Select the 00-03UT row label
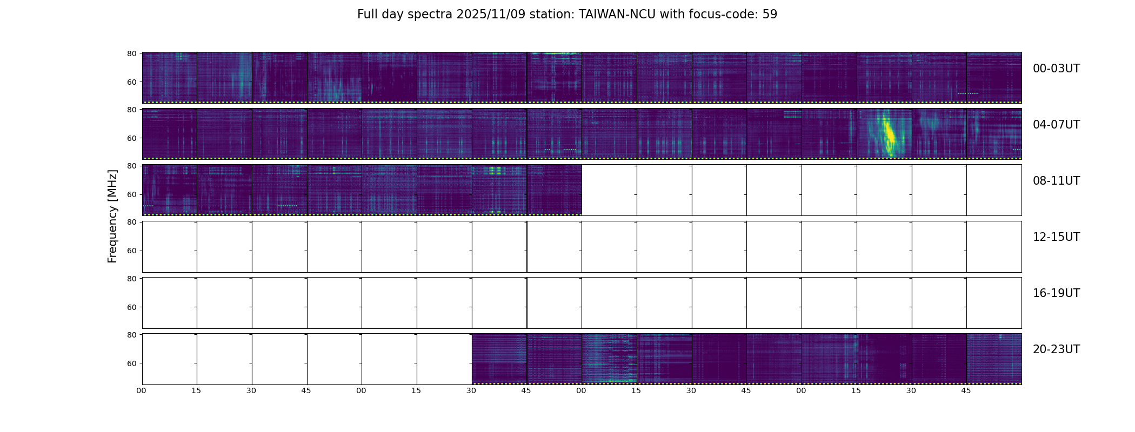1056,69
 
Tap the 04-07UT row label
1056,125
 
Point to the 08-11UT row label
1056,181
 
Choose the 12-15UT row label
1056,237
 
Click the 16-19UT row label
1056,293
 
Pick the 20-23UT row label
1056,349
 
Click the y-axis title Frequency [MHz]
112,216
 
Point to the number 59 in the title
770,15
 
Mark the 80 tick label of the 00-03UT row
131,53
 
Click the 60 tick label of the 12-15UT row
131,251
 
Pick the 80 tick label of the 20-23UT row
131,335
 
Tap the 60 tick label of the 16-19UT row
131,307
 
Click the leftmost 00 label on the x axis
142,390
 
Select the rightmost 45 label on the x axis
966,390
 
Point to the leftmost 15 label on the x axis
196,390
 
